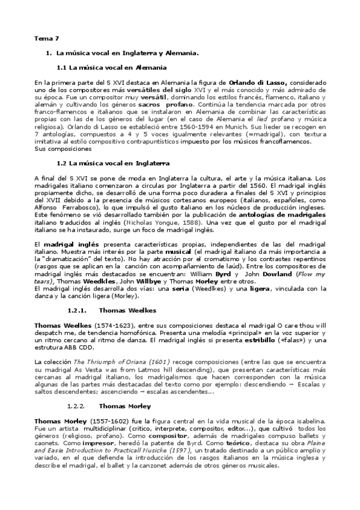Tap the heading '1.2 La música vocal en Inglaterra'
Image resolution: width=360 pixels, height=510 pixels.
coord(112,163)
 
